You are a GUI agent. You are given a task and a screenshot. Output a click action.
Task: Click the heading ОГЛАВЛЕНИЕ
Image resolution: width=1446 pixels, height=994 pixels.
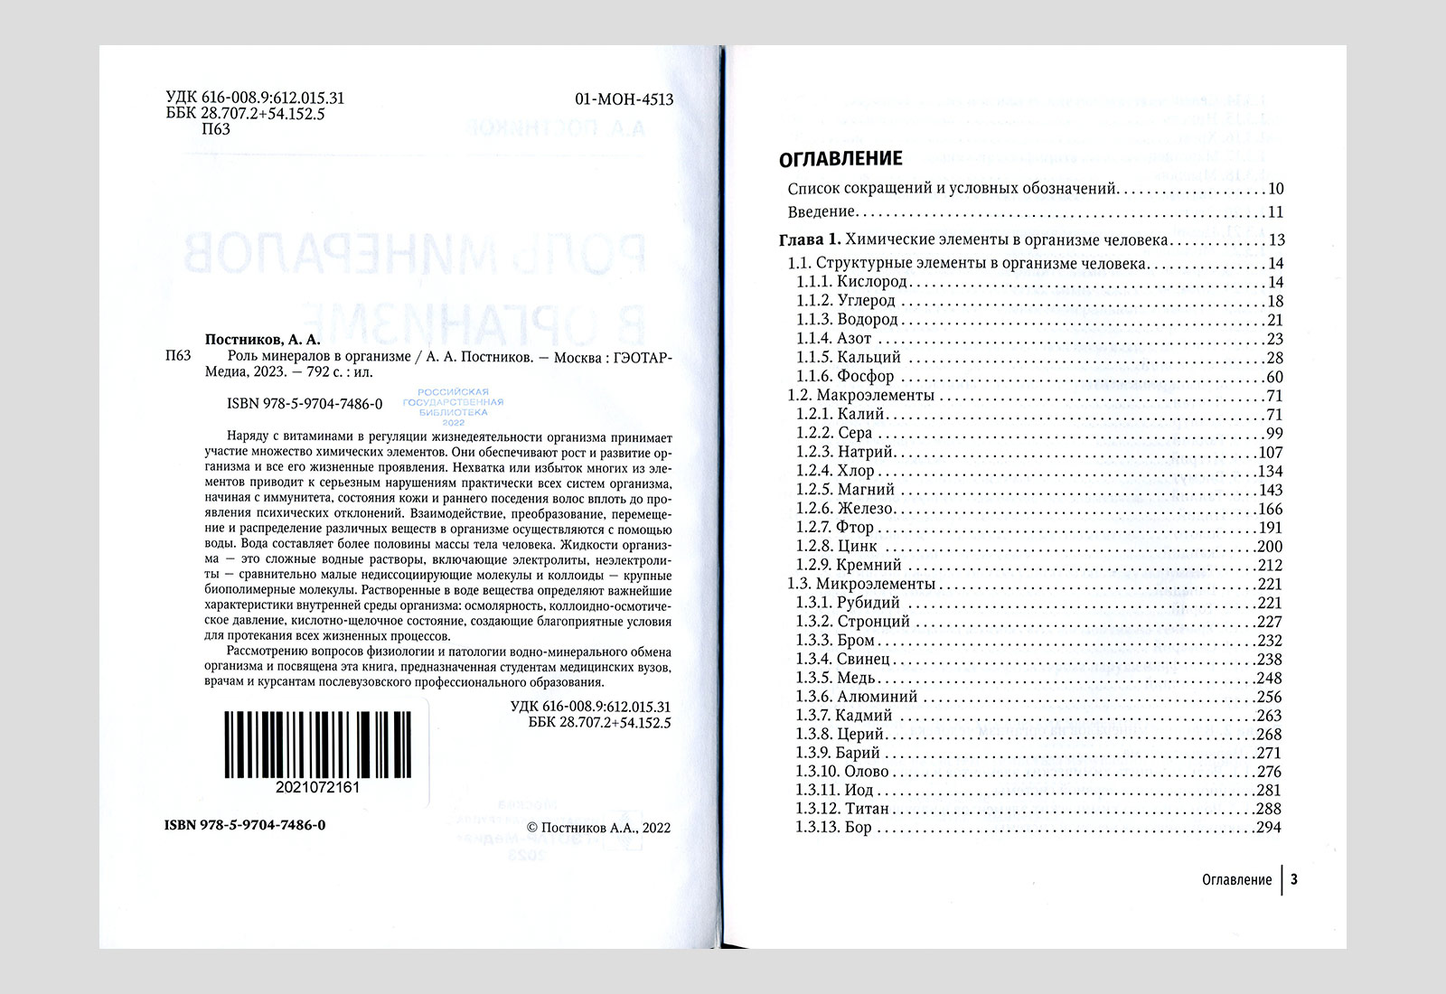tap(840, 159)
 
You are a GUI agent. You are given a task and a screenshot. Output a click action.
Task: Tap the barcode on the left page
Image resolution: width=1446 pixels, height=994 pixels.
tap(317, 745)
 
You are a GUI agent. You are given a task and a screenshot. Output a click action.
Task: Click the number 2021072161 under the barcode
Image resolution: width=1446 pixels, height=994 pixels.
tap(317, 787)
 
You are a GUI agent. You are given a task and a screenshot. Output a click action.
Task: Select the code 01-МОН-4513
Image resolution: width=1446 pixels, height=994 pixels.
tap(624, 99)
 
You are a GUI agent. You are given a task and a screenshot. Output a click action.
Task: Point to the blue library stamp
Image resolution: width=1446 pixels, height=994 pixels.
tap(453, 408)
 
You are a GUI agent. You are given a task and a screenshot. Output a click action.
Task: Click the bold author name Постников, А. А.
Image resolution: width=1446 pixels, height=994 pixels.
tap(263, 340)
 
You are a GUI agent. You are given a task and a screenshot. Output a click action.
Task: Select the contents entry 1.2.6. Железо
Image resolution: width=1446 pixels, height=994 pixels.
tap(845, 509)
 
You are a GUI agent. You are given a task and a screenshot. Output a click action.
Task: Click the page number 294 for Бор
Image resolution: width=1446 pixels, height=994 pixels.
tap(1269, 828)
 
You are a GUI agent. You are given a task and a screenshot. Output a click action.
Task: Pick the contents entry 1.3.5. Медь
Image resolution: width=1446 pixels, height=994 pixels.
tap(835, 678)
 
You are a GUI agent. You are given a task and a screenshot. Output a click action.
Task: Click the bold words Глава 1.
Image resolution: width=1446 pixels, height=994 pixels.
tap(810, 240)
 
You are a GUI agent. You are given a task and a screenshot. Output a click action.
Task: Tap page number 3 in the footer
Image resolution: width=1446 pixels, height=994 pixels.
tap(1294, 879)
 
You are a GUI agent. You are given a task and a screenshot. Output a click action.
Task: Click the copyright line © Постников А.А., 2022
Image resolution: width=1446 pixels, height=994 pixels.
tap(598, 827)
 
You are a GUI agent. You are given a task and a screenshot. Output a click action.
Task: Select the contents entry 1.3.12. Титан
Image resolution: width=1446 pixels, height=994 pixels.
tap(842, 809)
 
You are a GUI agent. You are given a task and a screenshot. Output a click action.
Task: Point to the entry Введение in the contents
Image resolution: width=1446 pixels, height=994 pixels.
tap(821, 212)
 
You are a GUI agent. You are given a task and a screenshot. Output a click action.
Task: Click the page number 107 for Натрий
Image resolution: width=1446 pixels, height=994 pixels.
tap(1270, 453)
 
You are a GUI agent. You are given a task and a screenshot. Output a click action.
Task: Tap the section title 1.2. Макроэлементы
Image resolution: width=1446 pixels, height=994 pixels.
tap(860, 396)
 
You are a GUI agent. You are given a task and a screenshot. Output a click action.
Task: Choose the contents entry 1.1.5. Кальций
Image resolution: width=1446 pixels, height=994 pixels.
tap(849, 358)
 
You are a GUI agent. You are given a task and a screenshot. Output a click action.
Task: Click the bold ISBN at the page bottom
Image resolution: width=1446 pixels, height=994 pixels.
tap(245, 825)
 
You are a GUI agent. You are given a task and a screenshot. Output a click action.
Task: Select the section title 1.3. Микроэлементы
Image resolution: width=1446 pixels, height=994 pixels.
tap(861, 584)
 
